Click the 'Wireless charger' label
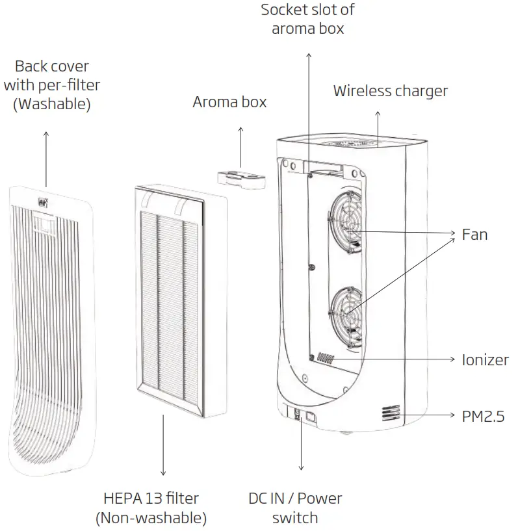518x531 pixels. (390, 91)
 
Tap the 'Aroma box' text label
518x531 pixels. (229, 103)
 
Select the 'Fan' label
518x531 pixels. (474, 234)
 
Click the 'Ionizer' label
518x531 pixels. (485, 360)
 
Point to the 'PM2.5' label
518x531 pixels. (483, 417)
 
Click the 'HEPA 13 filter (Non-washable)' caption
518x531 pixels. (151, 508)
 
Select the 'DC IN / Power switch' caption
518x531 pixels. (295, 508)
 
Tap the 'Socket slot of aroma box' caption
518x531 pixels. (307, 19)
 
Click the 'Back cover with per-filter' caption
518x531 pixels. (52, 84)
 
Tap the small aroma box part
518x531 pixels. (240, 178)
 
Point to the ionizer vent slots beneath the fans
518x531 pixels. (326, 359)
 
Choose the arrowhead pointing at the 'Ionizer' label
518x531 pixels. (452, 359)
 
